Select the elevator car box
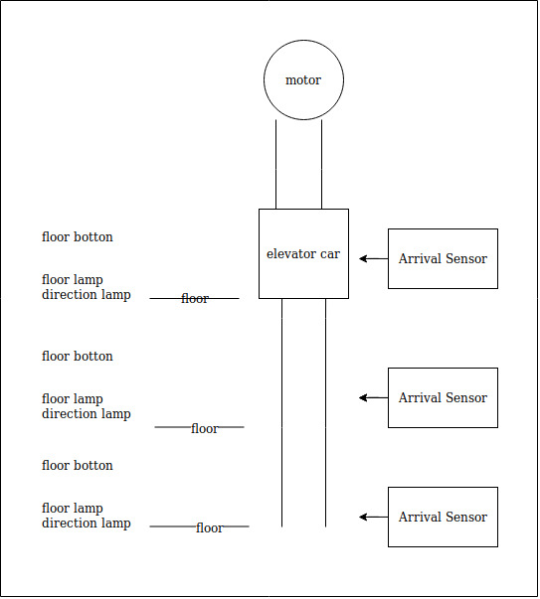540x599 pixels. [x=303, y=253]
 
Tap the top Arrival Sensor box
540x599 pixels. [x=443, y=258]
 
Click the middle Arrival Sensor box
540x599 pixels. [x=443, y=397]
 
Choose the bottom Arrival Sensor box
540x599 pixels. [x=443, y=517]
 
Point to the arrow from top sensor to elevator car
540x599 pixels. [x=373, y=258]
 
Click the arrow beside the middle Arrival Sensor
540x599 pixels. [x=373, y=397]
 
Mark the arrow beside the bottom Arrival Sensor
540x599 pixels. [x=373, y=517]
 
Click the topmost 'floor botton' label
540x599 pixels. [x=78, y=237]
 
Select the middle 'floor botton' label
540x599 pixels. [x=78, y=357]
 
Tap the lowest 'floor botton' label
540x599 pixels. [x=78, y=466]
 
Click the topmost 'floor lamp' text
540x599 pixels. [x=73, y=280]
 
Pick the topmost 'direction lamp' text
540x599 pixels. [x=86, y=295]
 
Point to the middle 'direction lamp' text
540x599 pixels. [x=86, y=414]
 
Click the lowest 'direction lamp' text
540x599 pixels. [x=86, y=524]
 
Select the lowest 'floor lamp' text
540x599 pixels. [x=73, y=509]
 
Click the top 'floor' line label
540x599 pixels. [x=195, y=299]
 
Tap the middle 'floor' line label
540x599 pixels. [x=205, y=429]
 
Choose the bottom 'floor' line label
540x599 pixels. [x=210, y=528]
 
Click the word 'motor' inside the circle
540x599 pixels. [x=303, y=80]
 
